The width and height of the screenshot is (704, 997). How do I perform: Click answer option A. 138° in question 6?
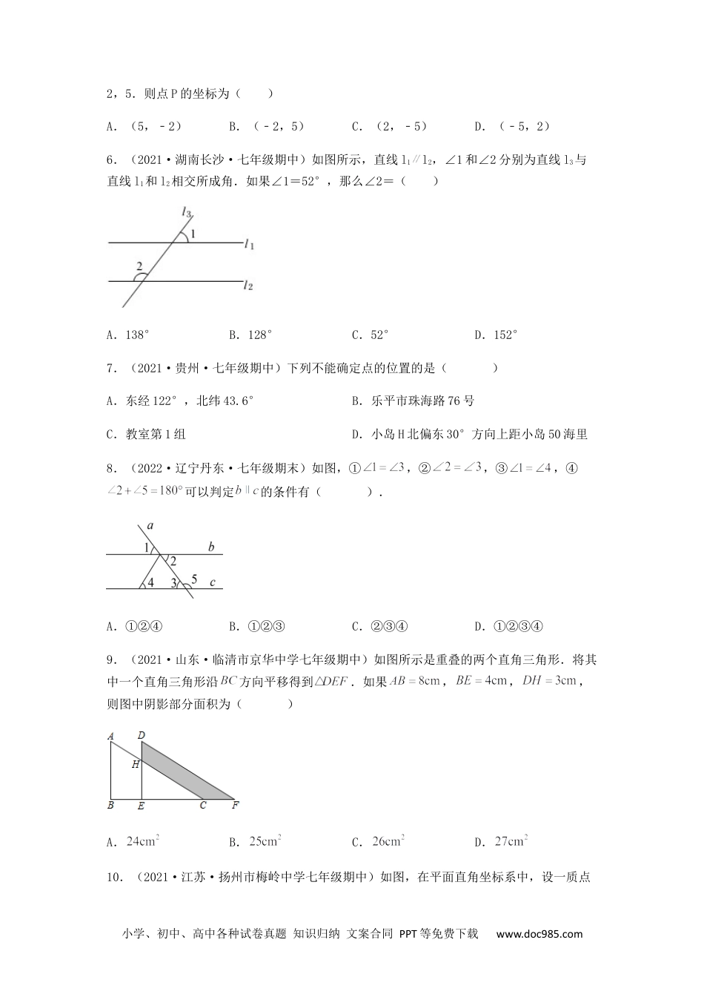(128, 335)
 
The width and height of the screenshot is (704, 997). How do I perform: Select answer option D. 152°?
(496, 335)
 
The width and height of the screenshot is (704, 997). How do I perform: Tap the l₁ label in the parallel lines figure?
(250, 243)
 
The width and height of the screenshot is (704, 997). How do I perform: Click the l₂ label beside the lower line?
(250, 284)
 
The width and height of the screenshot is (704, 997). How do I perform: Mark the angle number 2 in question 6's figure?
(139, 266)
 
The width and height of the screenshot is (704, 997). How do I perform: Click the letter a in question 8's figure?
(150, 526)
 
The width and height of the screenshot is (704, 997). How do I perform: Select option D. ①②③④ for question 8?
(509, 626)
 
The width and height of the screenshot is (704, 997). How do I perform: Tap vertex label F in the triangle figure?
(235, 806)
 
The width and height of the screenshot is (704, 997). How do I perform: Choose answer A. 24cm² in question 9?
(133, 841)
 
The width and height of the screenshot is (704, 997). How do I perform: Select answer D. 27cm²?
(501, 841)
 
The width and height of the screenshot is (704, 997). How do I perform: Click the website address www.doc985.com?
(539, 934)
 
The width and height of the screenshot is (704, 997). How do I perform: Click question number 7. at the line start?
(112, 368)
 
